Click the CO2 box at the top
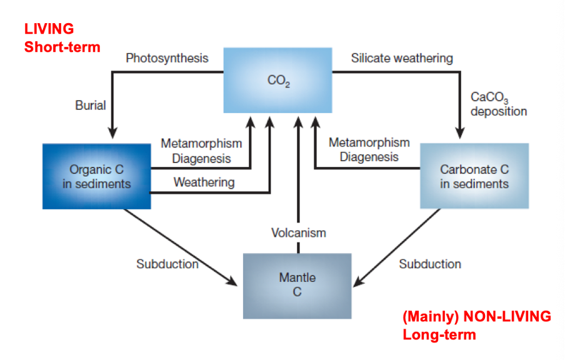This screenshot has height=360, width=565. (x=278, y=80)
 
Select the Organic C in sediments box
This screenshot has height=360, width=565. (x=97, y=176)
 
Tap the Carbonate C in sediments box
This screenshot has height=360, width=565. (x=474, y=176)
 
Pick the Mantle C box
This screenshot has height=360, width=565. (x=297, y=284)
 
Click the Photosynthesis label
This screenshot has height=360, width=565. (x=167, y=58)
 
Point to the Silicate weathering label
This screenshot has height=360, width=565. (x=402, y=58)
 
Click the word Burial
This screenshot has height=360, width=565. (x=91, y=106)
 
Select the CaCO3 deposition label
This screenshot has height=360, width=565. (x=498, y=104)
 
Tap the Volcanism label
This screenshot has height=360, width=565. (x=298, y=232)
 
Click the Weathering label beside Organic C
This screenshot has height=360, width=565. (x=204, y=182)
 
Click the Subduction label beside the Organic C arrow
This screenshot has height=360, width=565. (x=167, y=264)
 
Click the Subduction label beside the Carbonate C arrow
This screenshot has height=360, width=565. (x=430, y=264)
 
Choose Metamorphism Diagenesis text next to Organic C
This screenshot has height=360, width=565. (x=201, y=151)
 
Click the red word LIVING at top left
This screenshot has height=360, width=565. (x=49, y=29)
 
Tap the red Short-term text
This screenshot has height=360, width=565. (x=62, y=47)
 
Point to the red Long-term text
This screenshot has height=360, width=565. (x=439, y=334)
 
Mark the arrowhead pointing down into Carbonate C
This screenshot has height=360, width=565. (x=461, y=133)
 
